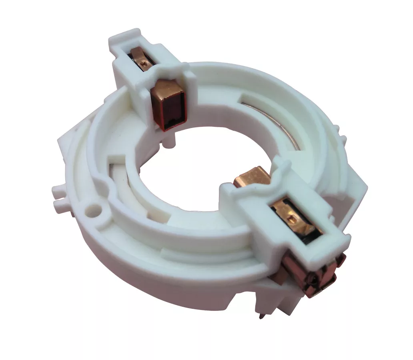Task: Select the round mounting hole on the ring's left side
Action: [94, 209]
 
